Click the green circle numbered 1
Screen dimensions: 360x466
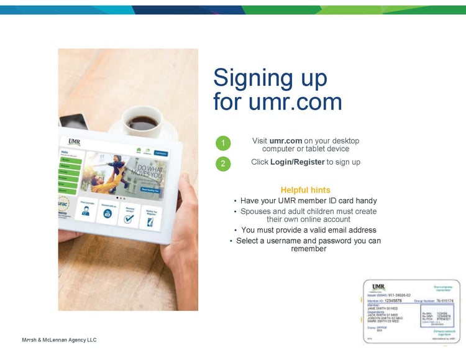pyautogui.click(x=224, y=144)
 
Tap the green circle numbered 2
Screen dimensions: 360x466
pyautogui.click(x=224, y=164)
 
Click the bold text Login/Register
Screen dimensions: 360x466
pyautogui.click(x=298, y=162)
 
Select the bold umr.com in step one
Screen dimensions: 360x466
pyautogui.click(x=286, y=141)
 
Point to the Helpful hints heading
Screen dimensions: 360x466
pyautogui.click(x=305, y=190)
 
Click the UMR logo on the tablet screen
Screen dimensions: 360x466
pyautogui.click(x=75, y=142)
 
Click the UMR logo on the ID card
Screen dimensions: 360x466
pyautogui.click(x=378, y=287)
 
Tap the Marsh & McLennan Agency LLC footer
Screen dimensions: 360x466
pyautogui.click(x=59, y=340)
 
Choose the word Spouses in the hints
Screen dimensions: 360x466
pyautogui.click(x=255, y=211)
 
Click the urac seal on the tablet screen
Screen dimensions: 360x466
pyautogui.click(x=64, y=203)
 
